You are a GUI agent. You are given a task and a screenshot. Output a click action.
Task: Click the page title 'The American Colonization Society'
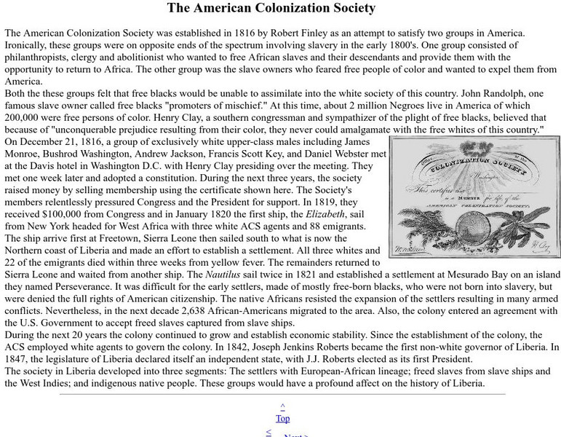coord(271,9)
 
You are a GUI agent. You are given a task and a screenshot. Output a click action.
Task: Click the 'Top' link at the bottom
coord(282,418)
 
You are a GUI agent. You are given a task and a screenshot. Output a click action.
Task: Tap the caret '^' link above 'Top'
coord(282,406)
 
